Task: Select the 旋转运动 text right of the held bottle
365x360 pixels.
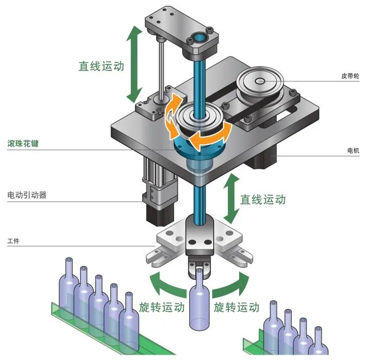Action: pos(236,307)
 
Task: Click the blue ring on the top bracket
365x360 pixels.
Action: pos(198,39)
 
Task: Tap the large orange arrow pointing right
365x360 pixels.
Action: pos(213,136)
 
